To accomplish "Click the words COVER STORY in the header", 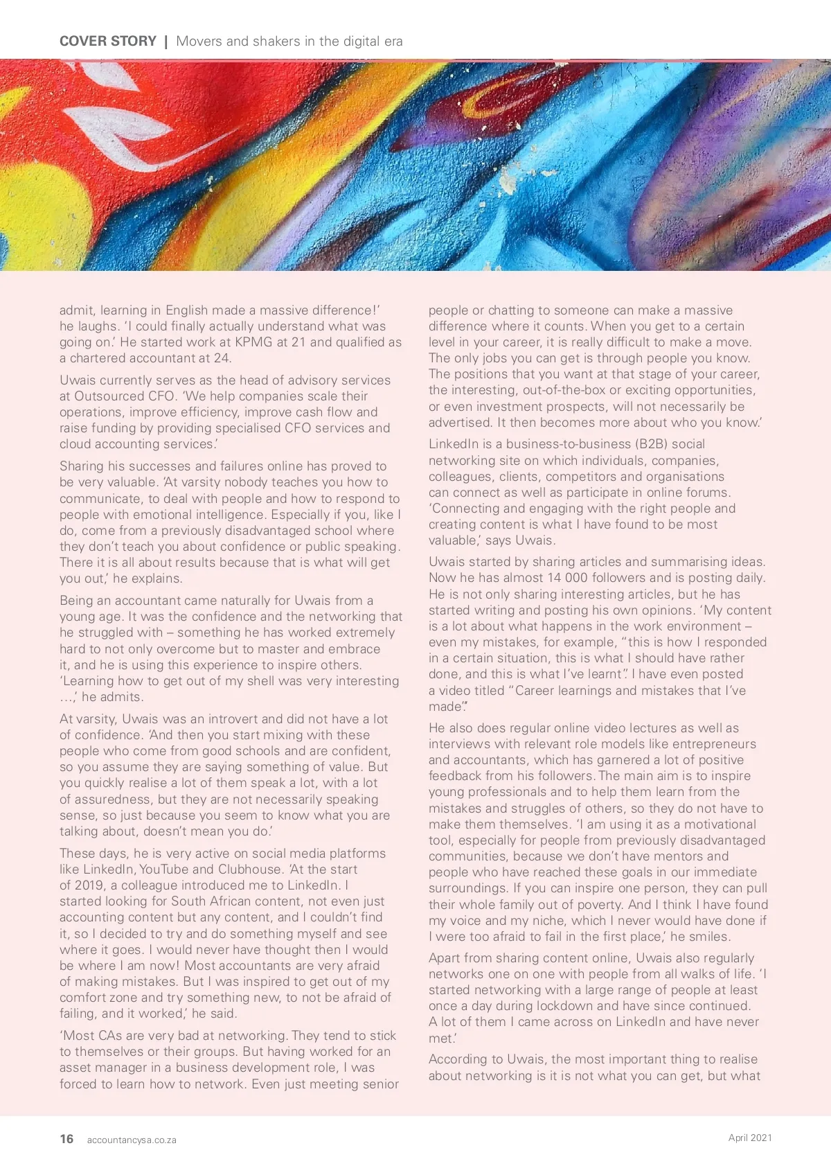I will click(108, 42).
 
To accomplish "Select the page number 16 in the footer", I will click(66, 1139).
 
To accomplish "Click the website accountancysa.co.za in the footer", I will click(132, 1140).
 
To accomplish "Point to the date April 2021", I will click(750, 1138).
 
